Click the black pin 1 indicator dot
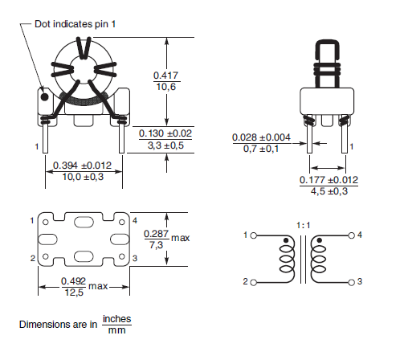45,97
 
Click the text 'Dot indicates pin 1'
75,24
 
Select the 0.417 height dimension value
165,76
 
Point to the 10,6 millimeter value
166,87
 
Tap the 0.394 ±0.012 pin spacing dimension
82,166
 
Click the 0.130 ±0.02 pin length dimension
165,133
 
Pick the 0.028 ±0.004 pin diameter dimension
261,137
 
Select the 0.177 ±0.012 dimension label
329,180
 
